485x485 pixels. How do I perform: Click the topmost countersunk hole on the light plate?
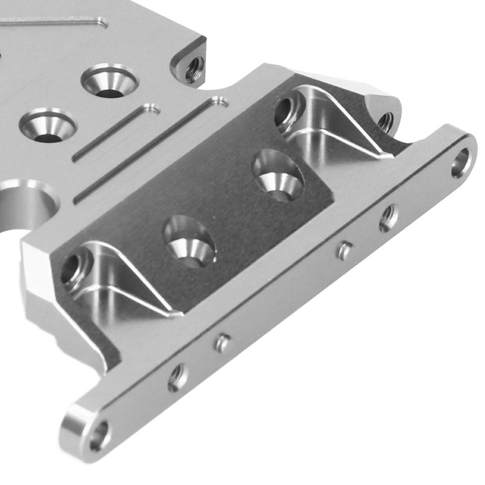109,81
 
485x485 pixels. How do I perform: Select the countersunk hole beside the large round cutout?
47,126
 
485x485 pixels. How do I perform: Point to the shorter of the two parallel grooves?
117,133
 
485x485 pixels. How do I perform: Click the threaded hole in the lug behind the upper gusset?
385,122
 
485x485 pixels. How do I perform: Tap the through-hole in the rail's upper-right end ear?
460,163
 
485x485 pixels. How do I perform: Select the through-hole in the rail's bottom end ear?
99,436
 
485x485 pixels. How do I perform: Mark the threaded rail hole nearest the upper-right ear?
388,218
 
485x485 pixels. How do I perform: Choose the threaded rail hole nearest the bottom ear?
178,377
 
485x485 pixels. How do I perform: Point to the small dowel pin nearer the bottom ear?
222,343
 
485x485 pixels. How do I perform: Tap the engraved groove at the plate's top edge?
52,21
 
